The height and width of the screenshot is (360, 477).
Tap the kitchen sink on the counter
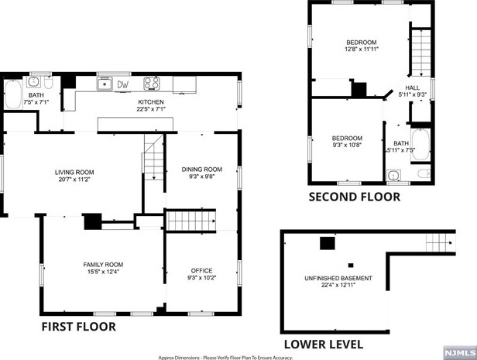point(105,84)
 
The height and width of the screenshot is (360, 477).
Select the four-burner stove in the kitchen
point(151,84)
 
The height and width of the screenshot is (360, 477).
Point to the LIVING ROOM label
point(74,172)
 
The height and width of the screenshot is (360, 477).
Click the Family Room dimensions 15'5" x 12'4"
point(104,272)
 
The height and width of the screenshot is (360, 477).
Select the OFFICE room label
point(201,270)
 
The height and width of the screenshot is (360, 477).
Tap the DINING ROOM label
point(202,169)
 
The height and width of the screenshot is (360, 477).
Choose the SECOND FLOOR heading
point(355,197)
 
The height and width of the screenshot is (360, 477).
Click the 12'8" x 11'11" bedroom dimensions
point(361,48)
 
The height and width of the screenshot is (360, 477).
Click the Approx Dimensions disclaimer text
point(225,357)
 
